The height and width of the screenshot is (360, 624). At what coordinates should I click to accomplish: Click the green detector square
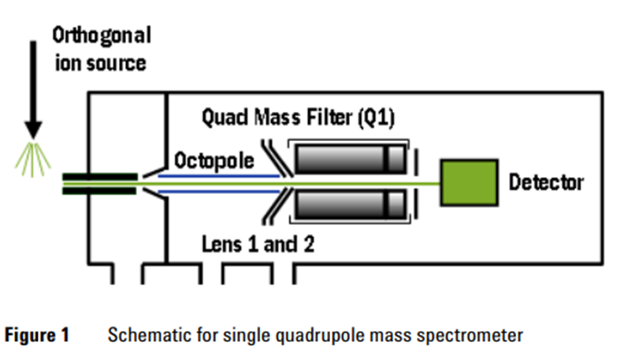(469, 184)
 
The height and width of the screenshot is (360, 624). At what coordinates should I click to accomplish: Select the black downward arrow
(33, 95)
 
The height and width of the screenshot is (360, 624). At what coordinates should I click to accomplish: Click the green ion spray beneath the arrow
(32, 159)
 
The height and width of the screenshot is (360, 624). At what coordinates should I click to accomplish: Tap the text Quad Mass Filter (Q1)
(298, 121)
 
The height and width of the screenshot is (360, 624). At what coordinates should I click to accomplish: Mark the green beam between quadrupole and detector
(425, 184)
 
